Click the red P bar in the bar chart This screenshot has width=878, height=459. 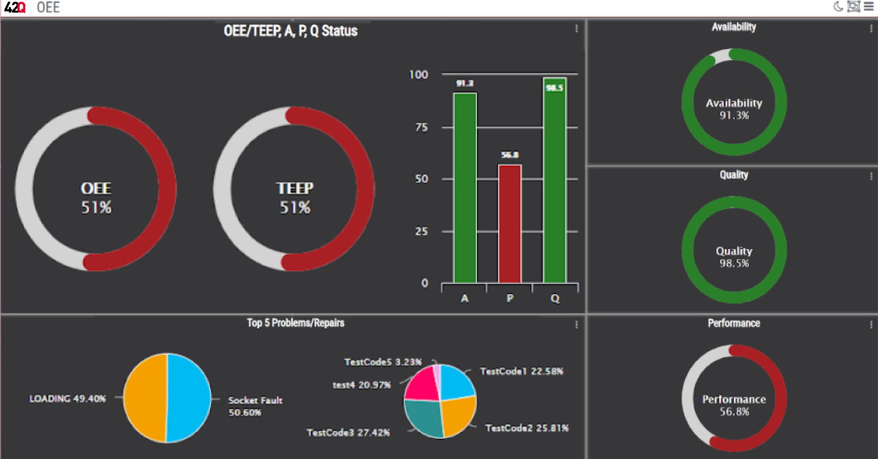510,223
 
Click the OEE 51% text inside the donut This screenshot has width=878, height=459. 96,198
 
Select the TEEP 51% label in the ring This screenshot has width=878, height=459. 294,198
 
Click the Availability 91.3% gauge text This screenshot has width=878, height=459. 734,109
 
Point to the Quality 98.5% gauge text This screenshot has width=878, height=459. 734,257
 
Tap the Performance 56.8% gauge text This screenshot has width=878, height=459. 734,405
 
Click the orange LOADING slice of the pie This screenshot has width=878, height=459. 145,398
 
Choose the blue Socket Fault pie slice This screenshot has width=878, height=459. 189,398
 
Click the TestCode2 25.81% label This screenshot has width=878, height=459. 527,428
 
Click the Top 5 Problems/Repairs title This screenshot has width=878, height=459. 296,323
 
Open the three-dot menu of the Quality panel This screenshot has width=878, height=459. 871,176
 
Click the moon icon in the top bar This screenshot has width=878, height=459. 838,7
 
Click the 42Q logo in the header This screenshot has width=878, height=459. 15,8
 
